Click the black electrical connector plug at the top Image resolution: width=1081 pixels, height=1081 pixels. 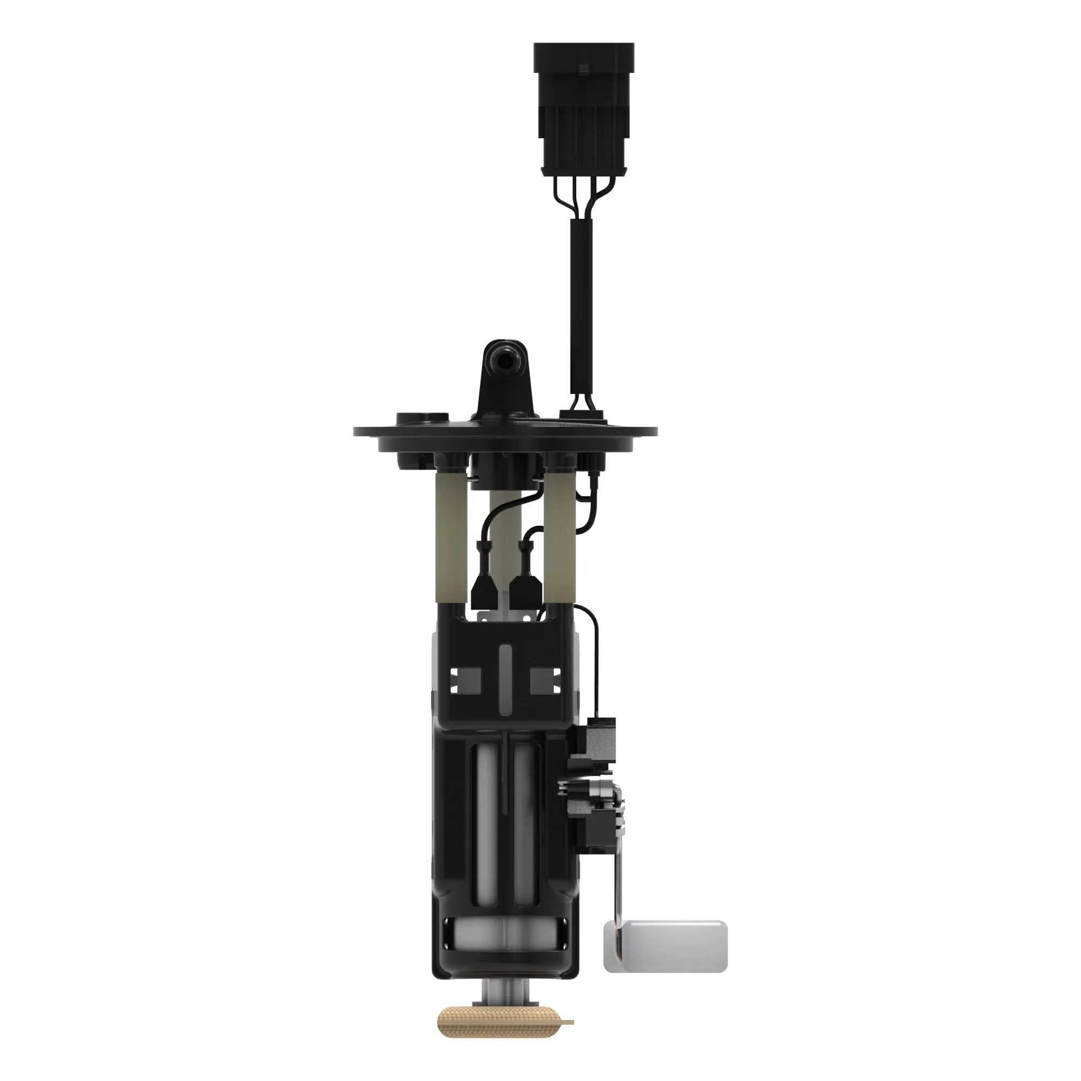584,106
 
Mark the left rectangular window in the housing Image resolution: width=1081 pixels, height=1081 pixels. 465,680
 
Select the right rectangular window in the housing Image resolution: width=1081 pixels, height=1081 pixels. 545,680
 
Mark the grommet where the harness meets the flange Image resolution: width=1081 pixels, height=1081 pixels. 583,416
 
